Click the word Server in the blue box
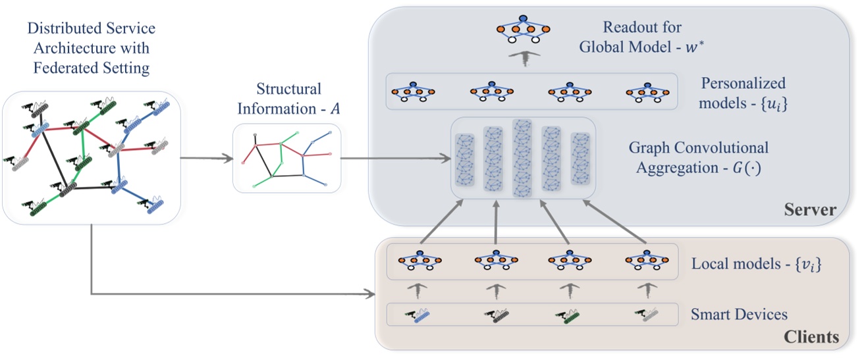810,211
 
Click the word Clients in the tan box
811,338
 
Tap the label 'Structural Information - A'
279,98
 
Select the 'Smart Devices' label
739,315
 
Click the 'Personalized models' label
743,91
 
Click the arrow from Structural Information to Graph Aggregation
395,158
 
